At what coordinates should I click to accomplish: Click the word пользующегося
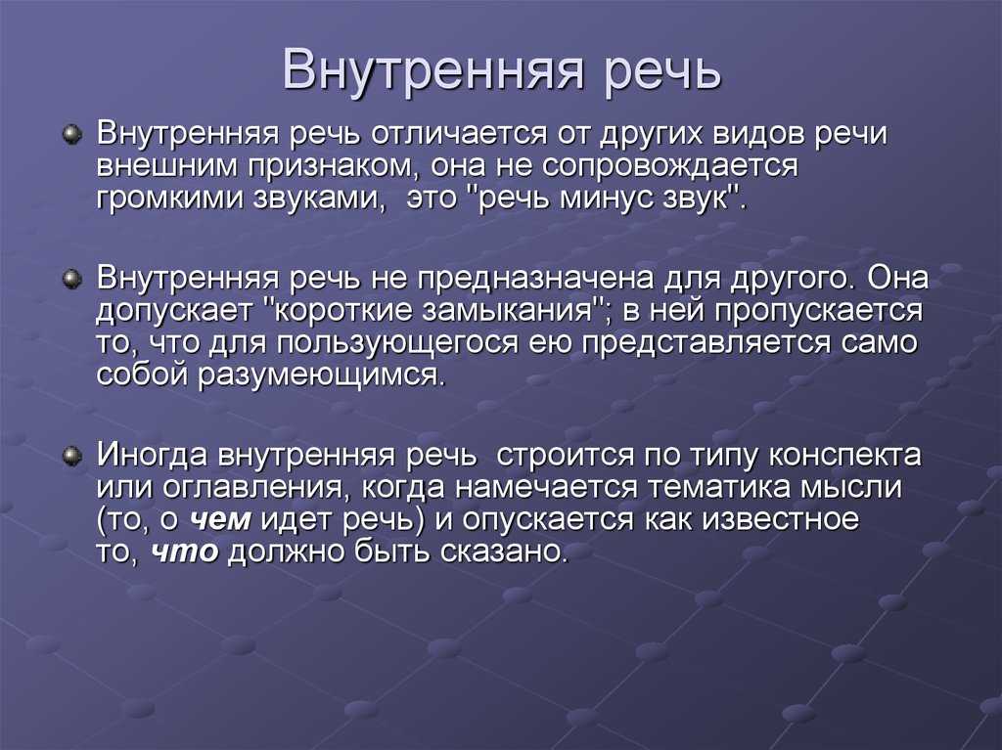point(397,344)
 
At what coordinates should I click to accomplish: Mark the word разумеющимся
point(320,376)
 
